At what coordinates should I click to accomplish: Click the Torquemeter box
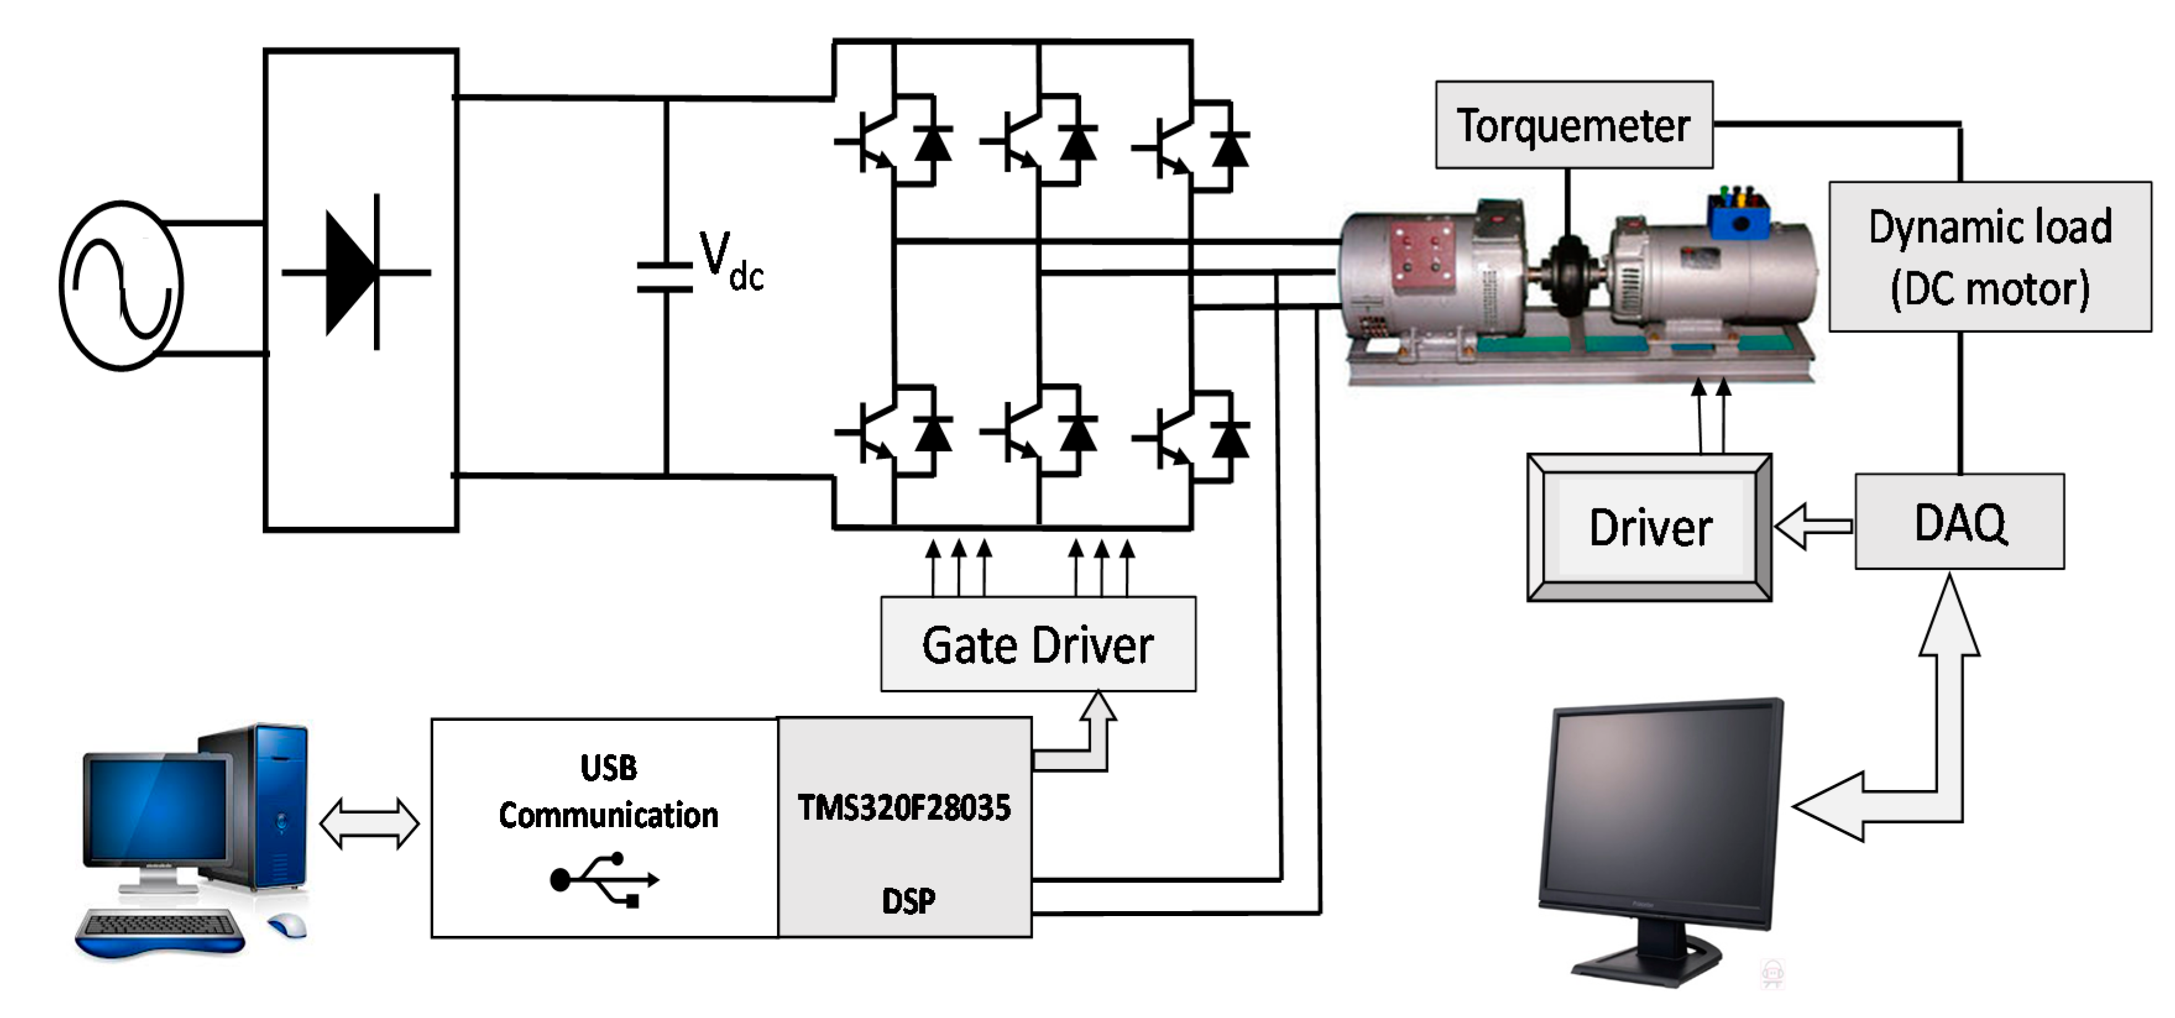pyautogui.click(x=1573, y=125)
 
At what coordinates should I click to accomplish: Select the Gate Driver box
pyautogui.click(x=1037, y=645)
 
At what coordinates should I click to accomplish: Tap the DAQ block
pyautogui.click(x=1959, y=521)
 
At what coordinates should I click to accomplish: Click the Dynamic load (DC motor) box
pyautogui.click(x=1989, y=256)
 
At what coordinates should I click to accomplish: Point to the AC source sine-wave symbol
pyautogui.click(x=122, y=285)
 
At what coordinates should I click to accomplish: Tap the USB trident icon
pyautogui.click(x=604, y=880)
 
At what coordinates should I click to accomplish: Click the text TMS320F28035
pyautogui.click(x=904, y=808)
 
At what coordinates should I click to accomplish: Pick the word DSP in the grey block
pyautogui.click(x=908, y=901)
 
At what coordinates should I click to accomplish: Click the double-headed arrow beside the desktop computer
pyautogui.click(x=369, y=823)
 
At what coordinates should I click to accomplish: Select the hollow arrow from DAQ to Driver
pyautogui.click(x=1812, y=526)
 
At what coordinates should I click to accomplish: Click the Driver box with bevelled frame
pyautogui.click(x=1649, y=528)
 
